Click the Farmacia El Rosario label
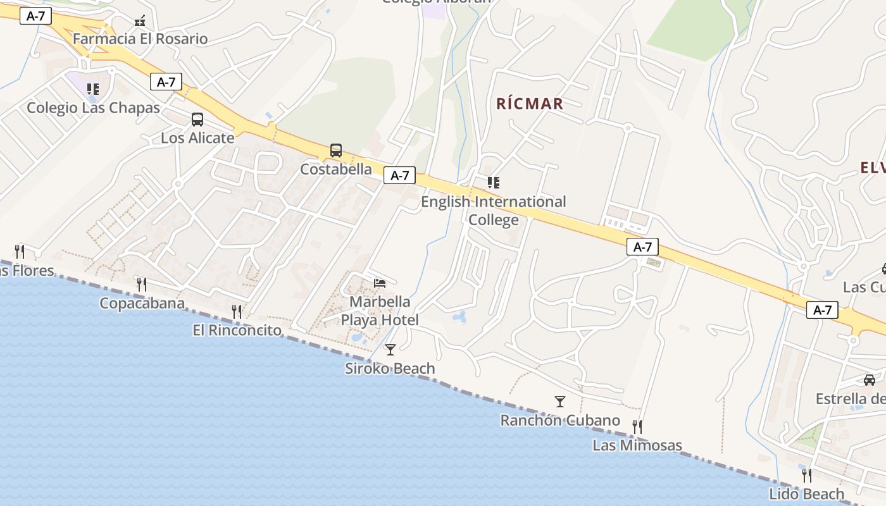pos(140,39)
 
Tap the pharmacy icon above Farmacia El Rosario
pos(140,21)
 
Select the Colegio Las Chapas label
pos(93,108)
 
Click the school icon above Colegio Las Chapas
pos(93,89)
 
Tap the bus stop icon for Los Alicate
pos(197,120)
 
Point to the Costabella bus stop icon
pos(336,151)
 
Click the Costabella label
pos(336,169)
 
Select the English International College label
pos(494,211)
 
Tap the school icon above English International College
pos(494,183)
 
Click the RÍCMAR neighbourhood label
pos(530,104)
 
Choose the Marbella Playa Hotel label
pos(380,311)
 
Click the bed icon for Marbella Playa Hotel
pos(380,283)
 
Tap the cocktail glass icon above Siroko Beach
pos(390,349)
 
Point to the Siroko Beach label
pos(390,368)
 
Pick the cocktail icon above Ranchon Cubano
pos(559,401)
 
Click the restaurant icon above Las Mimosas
pos(637,427)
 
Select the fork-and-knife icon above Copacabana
pos(142,285)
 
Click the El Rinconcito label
pos(237,330)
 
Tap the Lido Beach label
pos(806,493)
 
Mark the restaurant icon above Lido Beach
pos(806,475)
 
